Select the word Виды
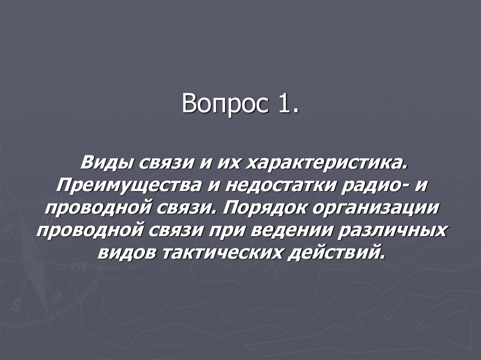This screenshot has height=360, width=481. [x=106, y=164]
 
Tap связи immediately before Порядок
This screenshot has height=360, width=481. [x=194, y=208]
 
